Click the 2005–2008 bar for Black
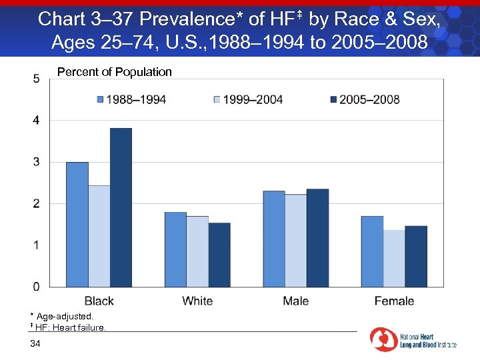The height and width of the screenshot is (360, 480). tap(121, 207)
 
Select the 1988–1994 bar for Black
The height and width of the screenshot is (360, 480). tap(77, 224)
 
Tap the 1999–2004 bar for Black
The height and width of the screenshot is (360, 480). tap(99, 236)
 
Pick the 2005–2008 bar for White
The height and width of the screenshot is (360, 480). tap(219, 255)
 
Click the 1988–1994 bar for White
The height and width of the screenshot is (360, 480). tap(175, 249)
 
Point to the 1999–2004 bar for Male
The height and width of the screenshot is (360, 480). tap(295, 241)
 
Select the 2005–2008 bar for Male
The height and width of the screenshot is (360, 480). tap(317, 238)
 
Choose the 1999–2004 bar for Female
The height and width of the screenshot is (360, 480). tap(394, 259)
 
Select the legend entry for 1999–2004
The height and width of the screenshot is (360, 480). tap(248, 100)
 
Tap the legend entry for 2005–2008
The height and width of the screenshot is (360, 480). tap(365, 100)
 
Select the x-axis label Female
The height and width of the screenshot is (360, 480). tap(394, 301)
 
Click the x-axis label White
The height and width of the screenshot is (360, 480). tap(197, 301)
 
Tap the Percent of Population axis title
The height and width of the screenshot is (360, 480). tap(115, 72)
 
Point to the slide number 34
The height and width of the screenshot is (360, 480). tap(35, 343)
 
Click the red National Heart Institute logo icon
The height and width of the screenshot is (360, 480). tap(383, 339)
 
